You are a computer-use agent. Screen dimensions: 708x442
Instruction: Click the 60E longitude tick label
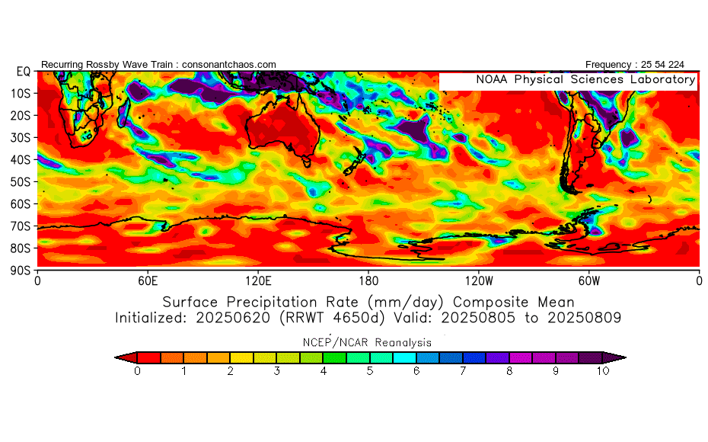148,281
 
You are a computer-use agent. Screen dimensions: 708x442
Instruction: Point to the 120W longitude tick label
479,281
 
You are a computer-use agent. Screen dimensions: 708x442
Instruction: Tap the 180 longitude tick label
369,281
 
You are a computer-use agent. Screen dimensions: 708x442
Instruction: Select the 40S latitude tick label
21,160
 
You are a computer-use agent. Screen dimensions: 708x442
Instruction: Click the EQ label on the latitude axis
24,72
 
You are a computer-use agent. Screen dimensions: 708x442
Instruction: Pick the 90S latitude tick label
21,271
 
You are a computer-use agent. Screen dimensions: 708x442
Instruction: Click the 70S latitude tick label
21,226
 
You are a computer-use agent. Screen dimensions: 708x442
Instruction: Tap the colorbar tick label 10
603,371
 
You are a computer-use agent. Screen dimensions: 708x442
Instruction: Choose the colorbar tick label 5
370,371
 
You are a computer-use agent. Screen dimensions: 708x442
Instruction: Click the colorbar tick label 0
137,371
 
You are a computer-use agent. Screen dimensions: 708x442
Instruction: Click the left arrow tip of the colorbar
115,357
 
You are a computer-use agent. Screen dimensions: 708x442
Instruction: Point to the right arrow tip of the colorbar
626,357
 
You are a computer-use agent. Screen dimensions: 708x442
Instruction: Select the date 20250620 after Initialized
233,318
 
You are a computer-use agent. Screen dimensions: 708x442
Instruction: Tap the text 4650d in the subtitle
359,318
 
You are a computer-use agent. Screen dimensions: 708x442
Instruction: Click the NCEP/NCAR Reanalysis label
367,343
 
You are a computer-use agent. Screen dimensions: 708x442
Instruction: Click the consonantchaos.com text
229,65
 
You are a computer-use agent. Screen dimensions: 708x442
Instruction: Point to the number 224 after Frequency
676,65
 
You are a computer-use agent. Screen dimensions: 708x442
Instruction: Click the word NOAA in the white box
492,79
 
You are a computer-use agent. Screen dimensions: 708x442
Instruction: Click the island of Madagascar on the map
124,113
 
